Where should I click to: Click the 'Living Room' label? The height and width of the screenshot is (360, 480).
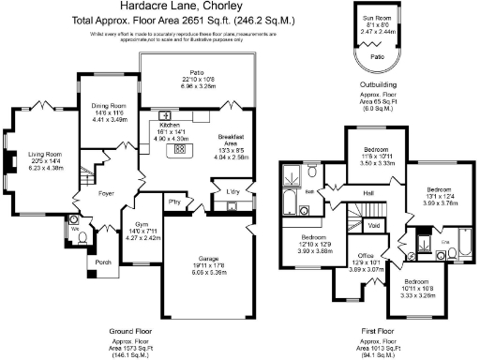point(45,155)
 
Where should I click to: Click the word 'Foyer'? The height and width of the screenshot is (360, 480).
point(106,194)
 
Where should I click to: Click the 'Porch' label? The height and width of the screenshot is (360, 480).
point(102,263)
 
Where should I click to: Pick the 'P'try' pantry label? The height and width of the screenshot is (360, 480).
point(174,202)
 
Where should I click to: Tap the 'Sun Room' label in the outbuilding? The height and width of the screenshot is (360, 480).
point(377,18)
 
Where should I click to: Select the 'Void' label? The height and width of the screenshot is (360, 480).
point(373,226)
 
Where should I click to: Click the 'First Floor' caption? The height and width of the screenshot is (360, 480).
point(378,331)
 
